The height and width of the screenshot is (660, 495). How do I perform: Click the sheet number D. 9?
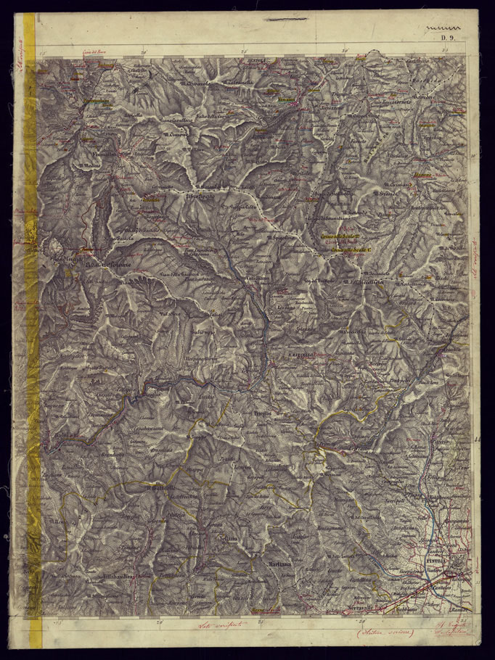pos(446,38)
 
